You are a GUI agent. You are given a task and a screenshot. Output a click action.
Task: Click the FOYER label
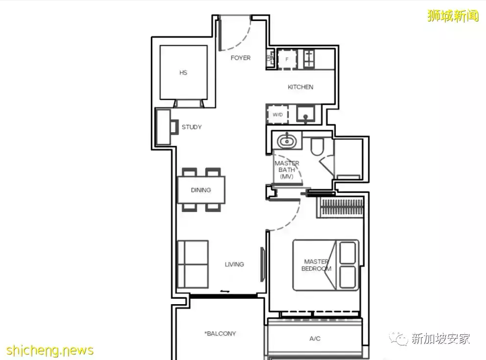240,58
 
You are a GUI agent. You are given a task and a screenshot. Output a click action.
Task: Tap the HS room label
183,72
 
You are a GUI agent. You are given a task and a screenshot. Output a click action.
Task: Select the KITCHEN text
301,87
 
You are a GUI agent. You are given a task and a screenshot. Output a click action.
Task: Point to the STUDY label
191,127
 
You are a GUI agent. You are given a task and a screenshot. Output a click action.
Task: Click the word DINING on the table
201,190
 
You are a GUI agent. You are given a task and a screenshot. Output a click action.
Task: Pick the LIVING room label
234,264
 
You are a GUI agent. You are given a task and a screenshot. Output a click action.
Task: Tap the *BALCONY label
220,334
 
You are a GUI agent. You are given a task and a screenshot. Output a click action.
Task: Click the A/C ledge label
315,338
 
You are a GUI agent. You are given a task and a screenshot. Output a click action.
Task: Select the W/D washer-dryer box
278,115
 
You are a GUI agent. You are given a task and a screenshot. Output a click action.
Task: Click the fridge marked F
287,59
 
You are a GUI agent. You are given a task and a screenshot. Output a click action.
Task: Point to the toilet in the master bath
317,146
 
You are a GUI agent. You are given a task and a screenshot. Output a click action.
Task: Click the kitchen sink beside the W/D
305,114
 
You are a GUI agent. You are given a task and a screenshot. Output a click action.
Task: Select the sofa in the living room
192,264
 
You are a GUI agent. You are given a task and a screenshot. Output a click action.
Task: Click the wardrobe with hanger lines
340,207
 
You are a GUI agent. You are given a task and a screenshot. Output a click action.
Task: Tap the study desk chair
174,126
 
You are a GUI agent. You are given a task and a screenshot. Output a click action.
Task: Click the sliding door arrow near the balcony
225,291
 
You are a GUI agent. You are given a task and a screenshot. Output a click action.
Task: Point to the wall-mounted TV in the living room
262,264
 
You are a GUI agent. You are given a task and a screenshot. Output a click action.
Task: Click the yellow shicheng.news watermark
49,350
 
